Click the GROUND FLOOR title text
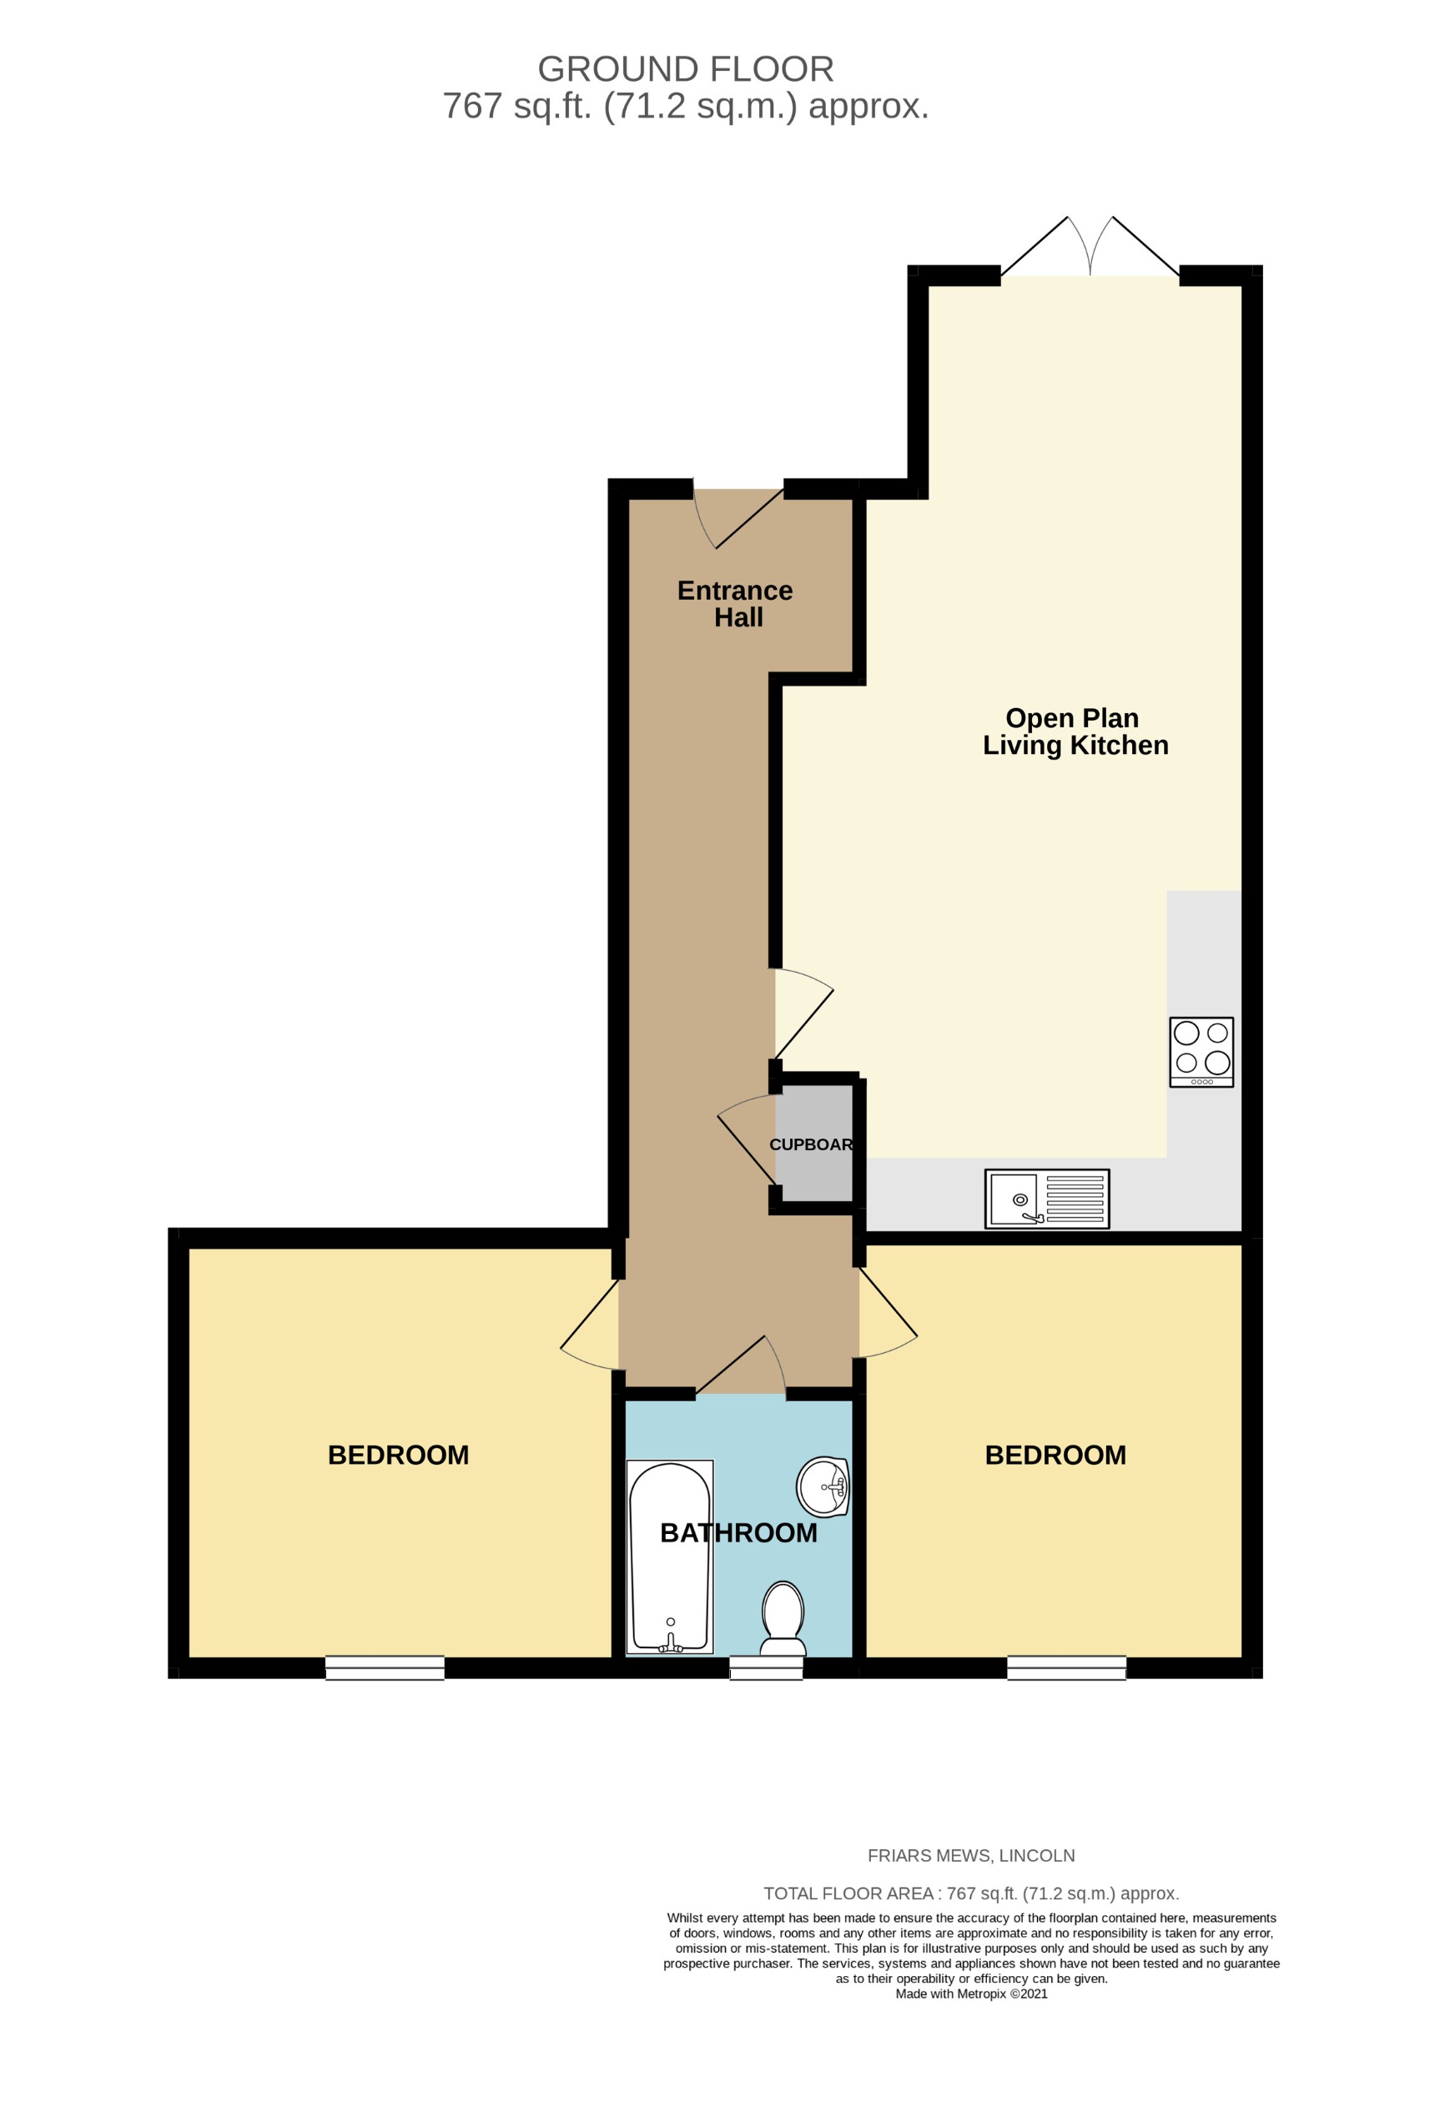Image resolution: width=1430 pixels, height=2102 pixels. tap(685, 69)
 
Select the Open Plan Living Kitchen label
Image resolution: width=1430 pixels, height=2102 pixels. tap(1074, 731)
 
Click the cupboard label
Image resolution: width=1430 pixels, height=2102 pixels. tap(810, 1144)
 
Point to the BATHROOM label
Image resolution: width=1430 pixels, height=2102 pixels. tap(738, 1532)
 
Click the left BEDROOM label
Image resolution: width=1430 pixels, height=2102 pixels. tap(398, 1455)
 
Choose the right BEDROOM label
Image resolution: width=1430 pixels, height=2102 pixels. tap(1055, 1455)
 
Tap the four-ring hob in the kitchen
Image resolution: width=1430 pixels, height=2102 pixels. tap(1201, 1051)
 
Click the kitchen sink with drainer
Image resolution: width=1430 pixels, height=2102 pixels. tap(1045, 1199)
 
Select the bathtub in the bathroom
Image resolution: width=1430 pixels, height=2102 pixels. tap(670, 1556)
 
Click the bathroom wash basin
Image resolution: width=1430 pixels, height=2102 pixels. tap(822, 1486)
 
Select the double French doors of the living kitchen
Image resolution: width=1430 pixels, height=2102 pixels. tap(1089, 249)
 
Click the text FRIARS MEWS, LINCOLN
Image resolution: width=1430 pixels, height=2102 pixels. tap(970, 1855)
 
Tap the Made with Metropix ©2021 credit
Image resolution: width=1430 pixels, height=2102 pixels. tap(970, 1994)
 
